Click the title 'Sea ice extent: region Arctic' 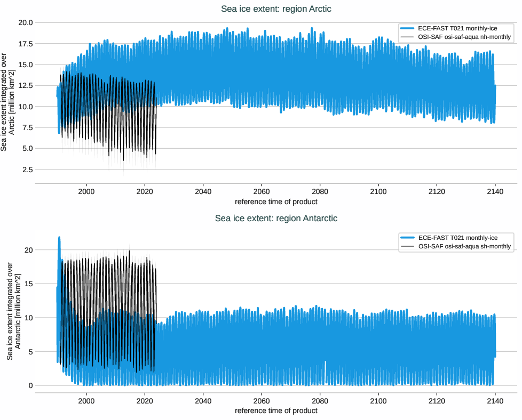[x=276, y=9]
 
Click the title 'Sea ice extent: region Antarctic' [x=276, y=218]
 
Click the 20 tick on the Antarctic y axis [x=29, y=250]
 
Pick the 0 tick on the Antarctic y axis [x=31, y=385]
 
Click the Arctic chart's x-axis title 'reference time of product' [x=276, y=201]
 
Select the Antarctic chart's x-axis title [x=276, y=410]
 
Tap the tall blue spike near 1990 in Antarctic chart [x=59, y=240]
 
